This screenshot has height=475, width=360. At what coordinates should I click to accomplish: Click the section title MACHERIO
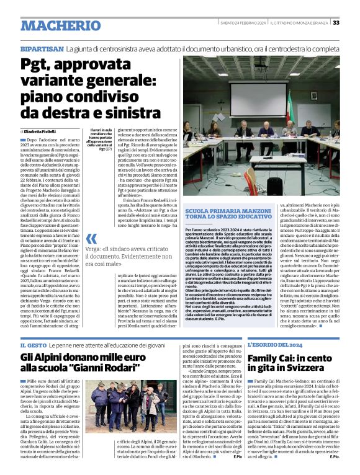pos(60,26)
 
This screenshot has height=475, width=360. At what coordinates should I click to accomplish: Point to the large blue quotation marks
pos(92,239)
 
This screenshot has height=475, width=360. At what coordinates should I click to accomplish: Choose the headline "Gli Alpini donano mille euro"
pos(78,358)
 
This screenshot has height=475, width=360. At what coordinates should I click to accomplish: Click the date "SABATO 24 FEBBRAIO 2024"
pos(243,24)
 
